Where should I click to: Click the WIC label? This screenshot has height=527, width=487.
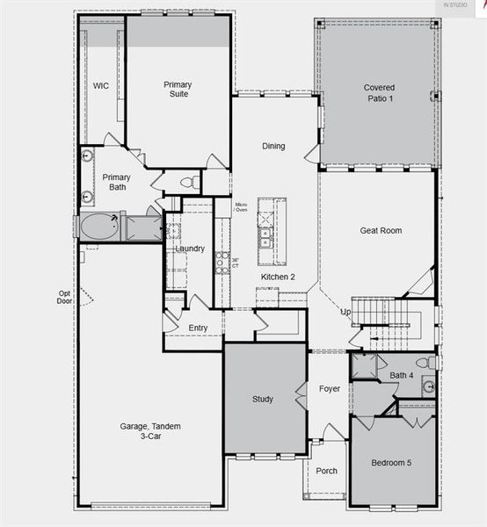tap(101, 86)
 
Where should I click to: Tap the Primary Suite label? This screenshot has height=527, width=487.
tap(178, 90)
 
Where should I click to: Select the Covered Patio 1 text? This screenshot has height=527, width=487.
tap(379, 93)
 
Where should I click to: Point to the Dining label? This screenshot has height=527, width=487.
tap(273, 146)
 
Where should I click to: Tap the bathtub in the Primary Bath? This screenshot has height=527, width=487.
tap(99, 227)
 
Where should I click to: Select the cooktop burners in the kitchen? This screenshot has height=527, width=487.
tap(222, 263)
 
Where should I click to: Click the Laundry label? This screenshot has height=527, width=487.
tap(190, 249)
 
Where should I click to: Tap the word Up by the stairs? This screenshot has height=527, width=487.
tap(345, 312)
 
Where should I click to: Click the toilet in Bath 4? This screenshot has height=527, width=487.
tap(423, 362)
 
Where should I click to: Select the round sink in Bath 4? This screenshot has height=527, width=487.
tap(428, 386)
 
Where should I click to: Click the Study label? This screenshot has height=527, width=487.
tap(263, 399)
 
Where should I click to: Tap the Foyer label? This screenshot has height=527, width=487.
tap(329, 388)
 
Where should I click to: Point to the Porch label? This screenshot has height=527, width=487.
tap(326, 471)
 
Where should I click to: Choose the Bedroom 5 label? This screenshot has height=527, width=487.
tap(392, 463)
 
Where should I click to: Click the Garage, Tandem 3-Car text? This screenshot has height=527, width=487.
tap(151, 431)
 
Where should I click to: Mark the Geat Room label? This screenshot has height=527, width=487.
tap(381, 230)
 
